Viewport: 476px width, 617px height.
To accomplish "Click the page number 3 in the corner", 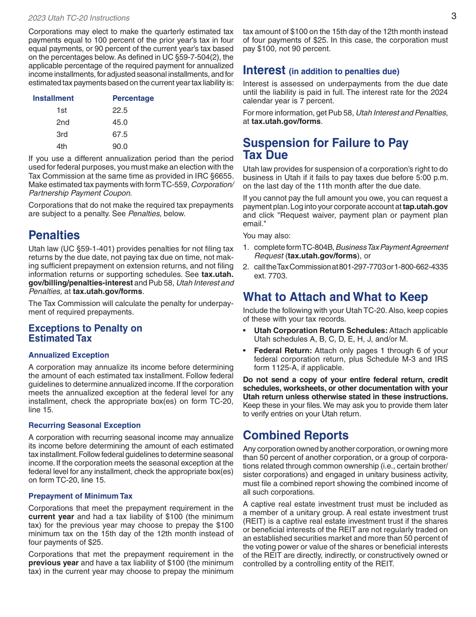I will (453, 16).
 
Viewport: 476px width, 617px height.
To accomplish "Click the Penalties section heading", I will (54, 235).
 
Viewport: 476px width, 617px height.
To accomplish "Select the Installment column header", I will (53, 98).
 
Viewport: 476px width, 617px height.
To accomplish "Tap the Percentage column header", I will (133, 98).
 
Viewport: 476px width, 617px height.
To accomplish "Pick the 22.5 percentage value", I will (120, 110).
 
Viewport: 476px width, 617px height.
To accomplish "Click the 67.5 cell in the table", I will (120, 134).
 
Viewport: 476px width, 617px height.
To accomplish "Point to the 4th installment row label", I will (62, 146).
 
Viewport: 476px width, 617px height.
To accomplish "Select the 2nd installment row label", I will (63, 122).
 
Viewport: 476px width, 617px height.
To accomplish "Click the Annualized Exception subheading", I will (69, 355).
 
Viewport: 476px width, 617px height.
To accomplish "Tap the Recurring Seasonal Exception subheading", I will (85, 425).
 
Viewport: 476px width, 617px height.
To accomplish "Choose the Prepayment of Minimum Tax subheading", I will (80, 496).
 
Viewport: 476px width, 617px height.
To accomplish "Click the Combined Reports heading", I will (296, 435).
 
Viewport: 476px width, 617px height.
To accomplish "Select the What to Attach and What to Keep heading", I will (335, 297).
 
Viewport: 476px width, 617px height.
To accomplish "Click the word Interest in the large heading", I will (264, 70).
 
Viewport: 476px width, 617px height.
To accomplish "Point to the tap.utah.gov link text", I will (425, 207).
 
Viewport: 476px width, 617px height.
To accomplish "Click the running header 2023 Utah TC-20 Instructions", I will (79, 18).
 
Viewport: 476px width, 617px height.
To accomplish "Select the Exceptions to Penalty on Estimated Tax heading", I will (85, 333).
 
